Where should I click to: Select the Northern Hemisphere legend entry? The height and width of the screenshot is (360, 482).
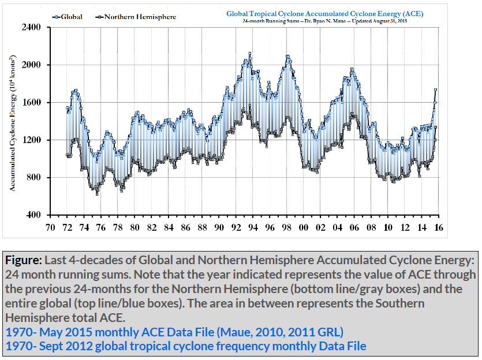click(136, 17)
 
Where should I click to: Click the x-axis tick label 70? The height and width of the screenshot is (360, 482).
click(50, 228)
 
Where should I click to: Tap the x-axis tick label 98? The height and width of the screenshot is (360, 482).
click(287, 228)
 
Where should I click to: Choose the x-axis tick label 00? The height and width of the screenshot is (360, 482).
click(304, 228)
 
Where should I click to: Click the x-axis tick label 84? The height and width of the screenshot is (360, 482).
click(169, 228)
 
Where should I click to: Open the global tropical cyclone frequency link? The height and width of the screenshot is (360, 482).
click(185, 346)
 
